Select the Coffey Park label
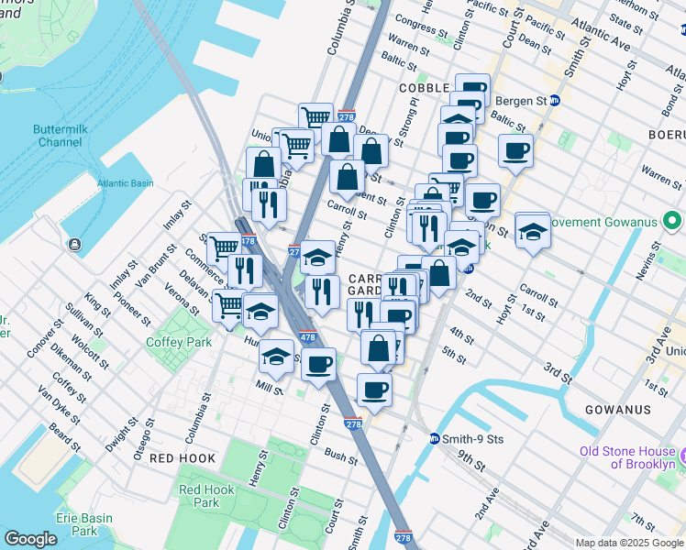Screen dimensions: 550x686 point(178,343)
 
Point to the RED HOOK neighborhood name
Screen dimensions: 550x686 point(183,458)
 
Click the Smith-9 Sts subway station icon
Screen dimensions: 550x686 point(435,438)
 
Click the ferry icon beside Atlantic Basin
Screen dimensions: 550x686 point(73,245)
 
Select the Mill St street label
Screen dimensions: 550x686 point(270,389)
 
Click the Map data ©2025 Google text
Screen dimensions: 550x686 point(629,543)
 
